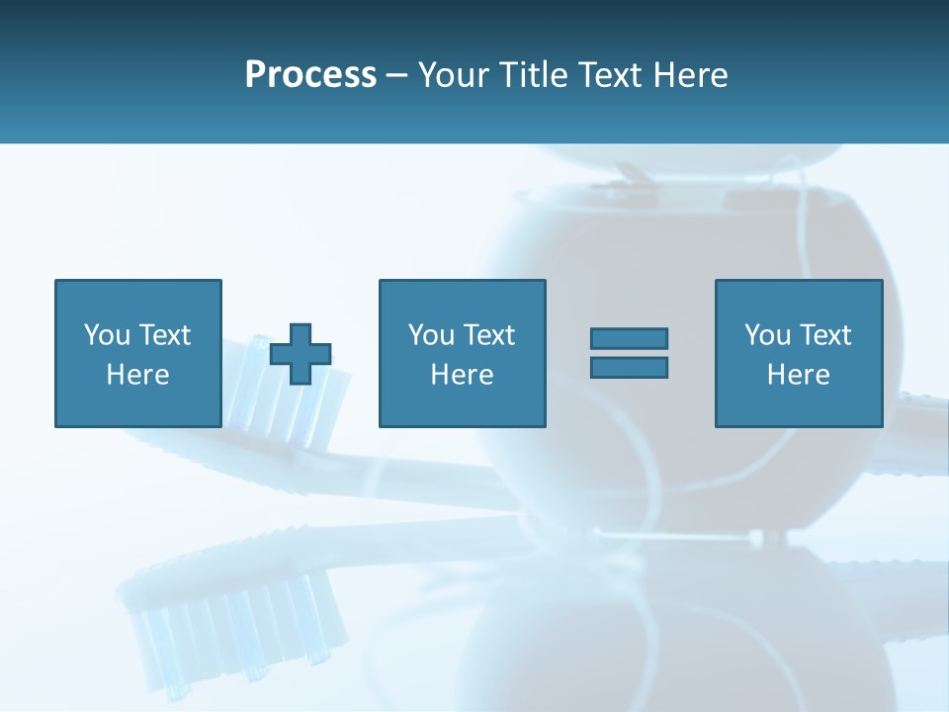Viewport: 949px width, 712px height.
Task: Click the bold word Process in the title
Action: [x=310, y=75]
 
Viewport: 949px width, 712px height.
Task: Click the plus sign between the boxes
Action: [x=301, y=353]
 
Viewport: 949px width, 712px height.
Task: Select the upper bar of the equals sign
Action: [x=629, y=339]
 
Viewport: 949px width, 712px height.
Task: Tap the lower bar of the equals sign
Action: [x=629, y=367]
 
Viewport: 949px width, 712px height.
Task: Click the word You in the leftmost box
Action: [x=108, y=335]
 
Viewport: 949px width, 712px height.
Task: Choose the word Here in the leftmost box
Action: [x=137, y=375]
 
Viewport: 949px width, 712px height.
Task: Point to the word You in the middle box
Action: [x=432, y=335]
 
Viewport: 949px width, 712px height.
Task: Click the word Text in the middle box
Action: [x=488, y=335]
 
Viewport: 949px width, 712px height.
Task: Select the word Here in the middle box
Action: [x=462, y=375]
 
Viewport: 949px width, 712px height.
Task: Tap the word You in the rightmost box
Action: [x=768, y=335]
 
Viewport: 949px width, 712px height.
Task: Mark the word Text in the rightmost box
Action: [x=824, y=335]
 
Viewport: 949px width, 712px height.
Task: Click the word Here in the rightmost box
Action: [x=798, y=375]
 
